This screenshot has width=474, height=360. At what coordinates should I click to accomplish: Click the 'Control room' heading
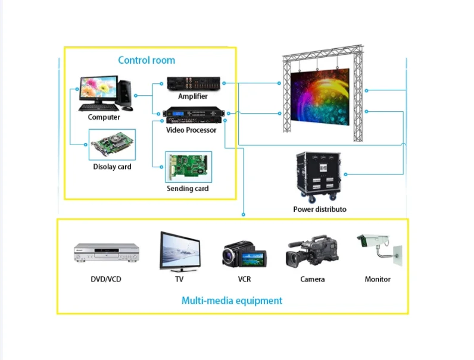146,60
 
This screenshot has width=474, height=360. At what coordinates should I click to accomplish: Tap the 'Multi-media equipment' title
232,300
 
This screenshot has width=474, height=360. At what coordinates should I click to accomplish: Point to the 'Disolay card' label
112,167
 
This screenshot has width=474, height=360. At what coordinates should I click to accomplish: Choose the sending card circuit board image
188,168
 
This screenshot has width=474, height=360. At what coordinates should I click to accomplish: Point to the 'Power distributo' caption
319,209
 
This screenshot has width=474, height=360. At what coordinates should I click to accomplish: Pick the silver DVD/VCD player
106,252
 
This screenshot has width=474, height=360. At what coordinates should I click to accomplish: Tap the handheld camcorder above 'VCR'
244,254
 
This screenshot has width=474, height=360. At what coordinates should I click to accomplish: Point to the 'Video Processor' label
191,130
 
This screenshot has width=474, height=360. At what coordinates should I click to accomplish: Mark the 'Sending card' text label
188,189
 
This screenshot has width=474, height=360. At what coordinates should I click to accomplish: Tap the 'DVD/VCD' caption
106,279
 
